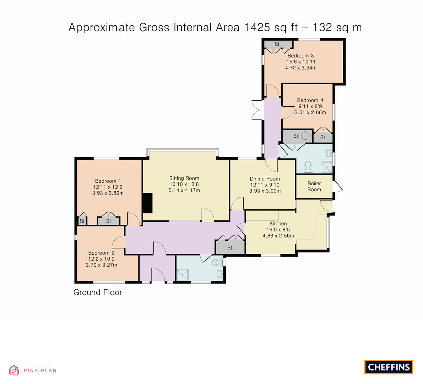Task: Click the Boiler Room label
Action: point(314,186)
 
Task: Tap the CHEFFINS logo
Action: point(389,367)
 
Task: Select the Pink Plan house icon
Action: point(14,370)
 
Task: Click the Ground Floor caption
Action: point(98,292)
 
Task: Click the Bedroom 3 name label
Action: point(300,55)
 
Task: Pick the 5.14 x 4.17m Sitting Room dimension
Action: point(184,190)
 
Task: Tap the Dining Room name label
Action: point(265,179)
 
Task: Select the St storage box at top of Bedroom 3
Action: point(277,44)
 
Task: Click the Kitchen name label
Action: point(278,224)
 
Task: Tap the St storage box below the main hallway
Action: point(230,247)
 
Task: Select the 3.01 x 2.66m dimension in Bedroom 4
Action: point(310,112)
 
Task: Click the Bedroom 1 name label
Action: point(108,181)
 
